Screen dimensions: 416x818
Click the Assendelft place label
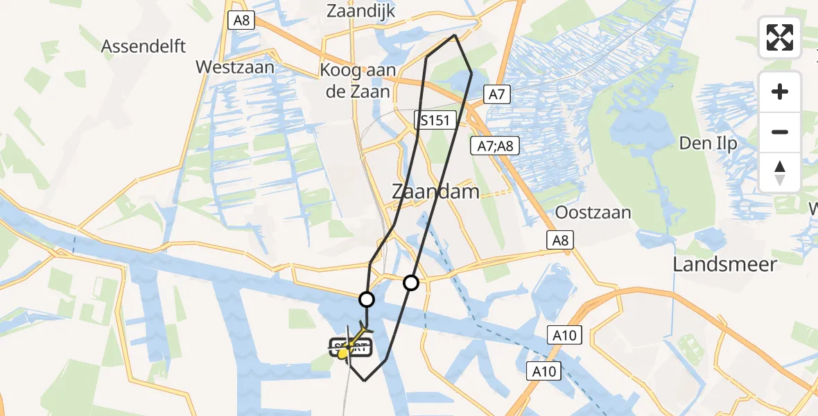click(x=143, y=46)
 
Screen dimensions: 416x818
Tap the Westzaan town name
click(x=236, y=67)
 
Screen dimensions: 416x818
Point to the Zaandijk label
click(x=360, y=10)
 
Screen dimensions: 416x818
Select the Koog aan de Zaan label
click(x=355, y=80)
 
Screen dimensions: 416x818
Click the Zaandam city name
click(x=435, y=191)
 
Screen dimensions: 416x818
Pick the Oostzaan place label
click(x=593, y=212)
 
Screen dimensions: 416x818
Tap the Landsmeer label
click(x=725, y=263)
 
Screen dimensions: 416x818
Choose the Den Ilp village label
click(x=708, y=144)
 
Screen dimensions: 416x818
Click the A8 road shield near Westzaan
click(x=241, y=20)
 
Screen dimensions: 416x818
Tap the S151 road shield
click(x=435, y=121)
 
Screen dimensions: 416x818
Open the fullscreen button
click(x=780, y=37)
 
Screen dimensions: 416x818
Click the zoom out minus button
click(x=780, y=132)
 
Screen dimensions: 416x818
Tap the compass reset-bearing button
click(x=780, y=173)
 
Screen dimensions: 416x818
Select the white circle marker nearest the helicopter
click(x=367, y=300)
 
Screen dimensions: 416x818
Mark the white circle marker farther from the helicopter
click(x=411, y=282)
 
